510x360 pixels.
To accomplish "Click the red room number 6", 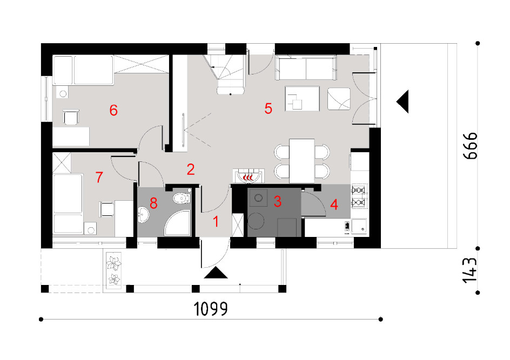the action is tap(113, 111).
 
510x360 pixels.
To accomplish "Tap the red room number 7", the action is tap(99, 177).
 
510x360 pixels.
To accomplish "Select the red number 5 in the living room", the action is tap(268, 108).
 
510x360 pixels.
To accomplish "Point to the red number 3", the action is tap(277, 201).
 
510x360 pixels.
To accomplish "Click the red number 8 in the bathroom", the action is tap(153, 203).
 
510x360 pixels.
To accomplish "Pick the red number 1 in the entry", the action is tap(216, 222).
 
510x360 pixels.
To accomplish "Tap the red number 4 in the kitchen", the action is tap(334, 205).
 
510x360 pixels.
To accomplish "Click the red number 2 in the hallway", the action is tap(191, 169).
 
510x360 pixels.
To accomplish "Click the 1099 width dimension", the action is tap(211, 309).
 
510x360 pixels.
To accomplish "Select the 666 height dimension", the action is tap(471, 146).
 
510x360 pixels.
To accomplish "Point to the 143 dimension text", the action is tap(471, 270).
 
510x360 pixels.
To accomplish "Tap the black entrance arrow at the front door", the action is tap(216, 273).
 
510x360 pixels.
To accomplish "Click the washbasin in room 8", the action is tap(143, 215).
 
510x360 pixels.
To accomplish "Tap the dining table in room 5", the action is tap(302, 161).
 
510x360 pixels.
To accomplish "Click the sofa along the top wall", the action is tap(306, 67).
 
